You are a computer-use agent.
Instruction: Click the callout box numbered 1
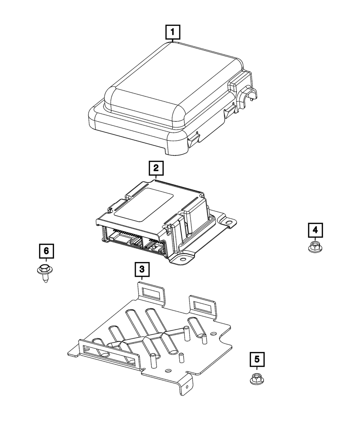(x=173, y=32)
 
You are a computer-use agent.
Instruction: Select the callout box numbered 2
(x=156, y=168)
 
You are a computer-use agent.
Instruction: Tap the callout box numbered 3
(x=142, y=269)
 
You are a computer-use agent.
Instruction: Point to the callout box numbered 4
(x=315, y=230)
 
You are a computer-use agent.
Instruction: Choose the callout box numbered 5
(x=257, y=359)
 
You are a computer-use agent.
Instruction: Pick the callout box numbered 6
(x=46, y=251)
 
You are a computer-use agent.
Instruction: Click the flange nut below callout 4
(x=315, y=246)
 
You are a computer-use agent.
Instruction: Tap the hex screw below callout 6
(x=45, y=273)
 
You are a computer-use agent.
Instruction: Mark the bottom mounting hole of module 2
(x=183, y=260)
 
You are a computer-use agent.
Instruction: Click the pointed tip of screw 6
(x=46, y=282)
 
